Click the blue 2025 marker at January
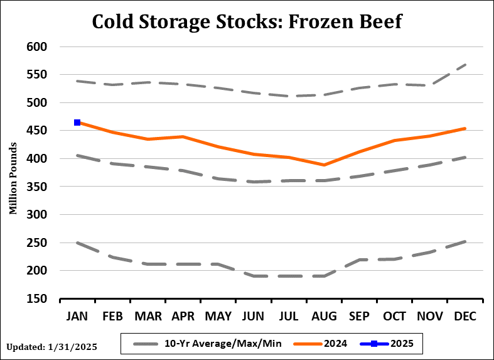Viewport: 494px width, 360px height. [x=77, y=123]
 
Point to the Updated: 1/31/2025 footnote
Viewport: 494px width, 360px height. [x=52, y=346]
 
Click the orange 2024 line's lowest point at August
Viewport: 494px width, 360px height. [x=324, y=165]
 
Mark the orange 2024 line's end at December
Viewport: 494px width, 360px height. [x=465, y=128]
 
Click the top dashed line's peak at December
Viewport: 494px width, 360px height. [x=465, y=64]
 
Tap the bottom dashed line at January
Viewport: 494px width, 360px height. [x=77, y=243]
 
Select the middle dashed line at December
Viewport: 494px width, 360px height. [x=465, y=157]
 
